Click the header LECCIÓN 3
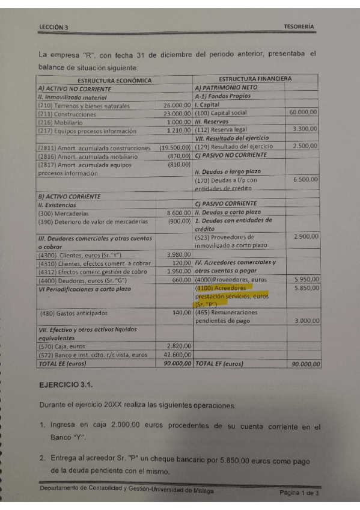pos(53,27)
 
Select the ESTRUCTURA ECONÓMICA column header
pos(114,80)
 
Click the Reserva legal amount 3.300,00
pos(305,129)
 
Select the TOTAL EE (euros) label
pos(66,364)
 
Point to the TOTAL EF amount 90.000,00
pos(304,364)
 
